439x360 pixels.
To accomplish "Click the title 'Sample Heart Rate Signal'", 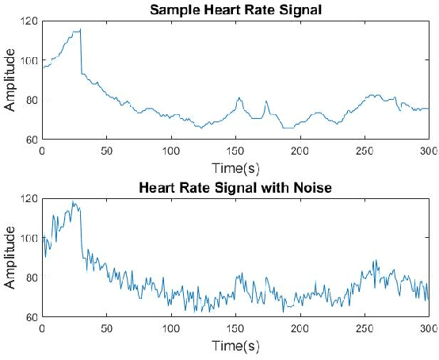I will coord(235,10).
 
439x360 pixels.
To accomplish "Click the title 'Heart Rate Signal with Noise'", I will coord(235,189).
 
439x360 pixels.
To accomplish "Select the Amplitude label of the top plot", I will coord(10,80).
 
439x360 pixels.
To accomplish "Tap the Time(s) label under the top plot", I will coord(235,167).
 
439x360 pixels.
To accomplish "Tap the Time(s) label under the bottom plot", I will coord(235,346).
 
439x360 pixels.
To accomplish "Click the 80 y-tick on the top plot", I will coord(31,100).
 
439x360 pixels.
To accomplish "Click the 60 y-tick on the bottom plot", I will coord(31,317).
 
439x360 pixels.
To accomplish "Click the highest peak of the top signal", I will coord(79,29).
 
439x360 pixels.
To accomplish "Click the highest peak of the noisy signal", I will coord(73,201).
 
